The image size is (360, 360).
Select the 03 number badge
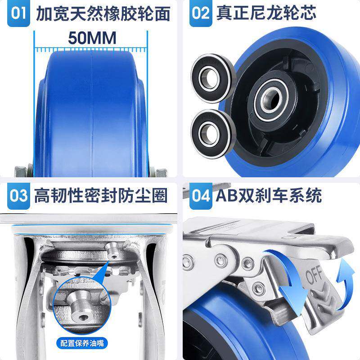(x=18, y=196)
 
